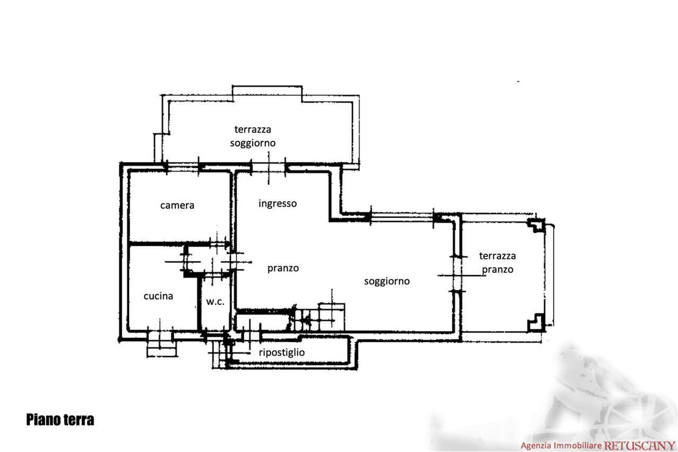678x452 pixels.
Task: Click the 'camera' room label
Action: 177,206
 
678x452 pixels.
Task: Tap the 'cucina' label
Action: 158,296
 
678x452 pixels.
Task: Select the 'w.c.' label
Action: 215,302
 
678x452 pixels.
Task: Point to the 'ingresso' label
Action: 278,204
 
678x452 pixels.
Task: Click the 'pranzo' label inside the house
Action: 283,269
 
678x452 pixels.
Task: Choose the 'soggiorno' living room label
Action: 387,281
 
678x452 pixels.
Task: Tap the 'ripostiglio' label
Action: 282,352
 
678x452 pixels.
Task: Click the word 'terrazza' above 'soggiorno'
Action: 253,130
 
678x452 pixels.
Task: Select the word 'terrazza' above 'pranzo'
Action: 497,256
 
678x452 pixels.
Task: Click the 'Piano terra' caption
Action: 60,420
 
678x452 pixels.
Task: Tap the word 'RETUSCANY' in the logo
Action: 639,446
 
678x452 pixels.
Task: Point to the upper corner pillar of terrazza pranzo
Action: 537,225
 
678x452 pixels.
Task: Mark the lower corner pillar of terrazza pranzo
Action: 537,323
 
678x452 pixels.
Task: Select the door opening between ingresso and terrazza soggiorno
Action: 269,167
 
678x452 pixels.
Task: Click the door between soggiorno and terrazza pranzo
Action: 457,274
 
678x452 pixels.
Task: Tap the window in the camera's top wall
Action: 183,167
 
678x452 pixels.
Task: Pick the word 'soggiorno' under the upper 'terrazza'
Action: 253,143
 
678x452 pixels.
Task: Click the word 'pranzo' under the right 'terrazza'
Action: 497,270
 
